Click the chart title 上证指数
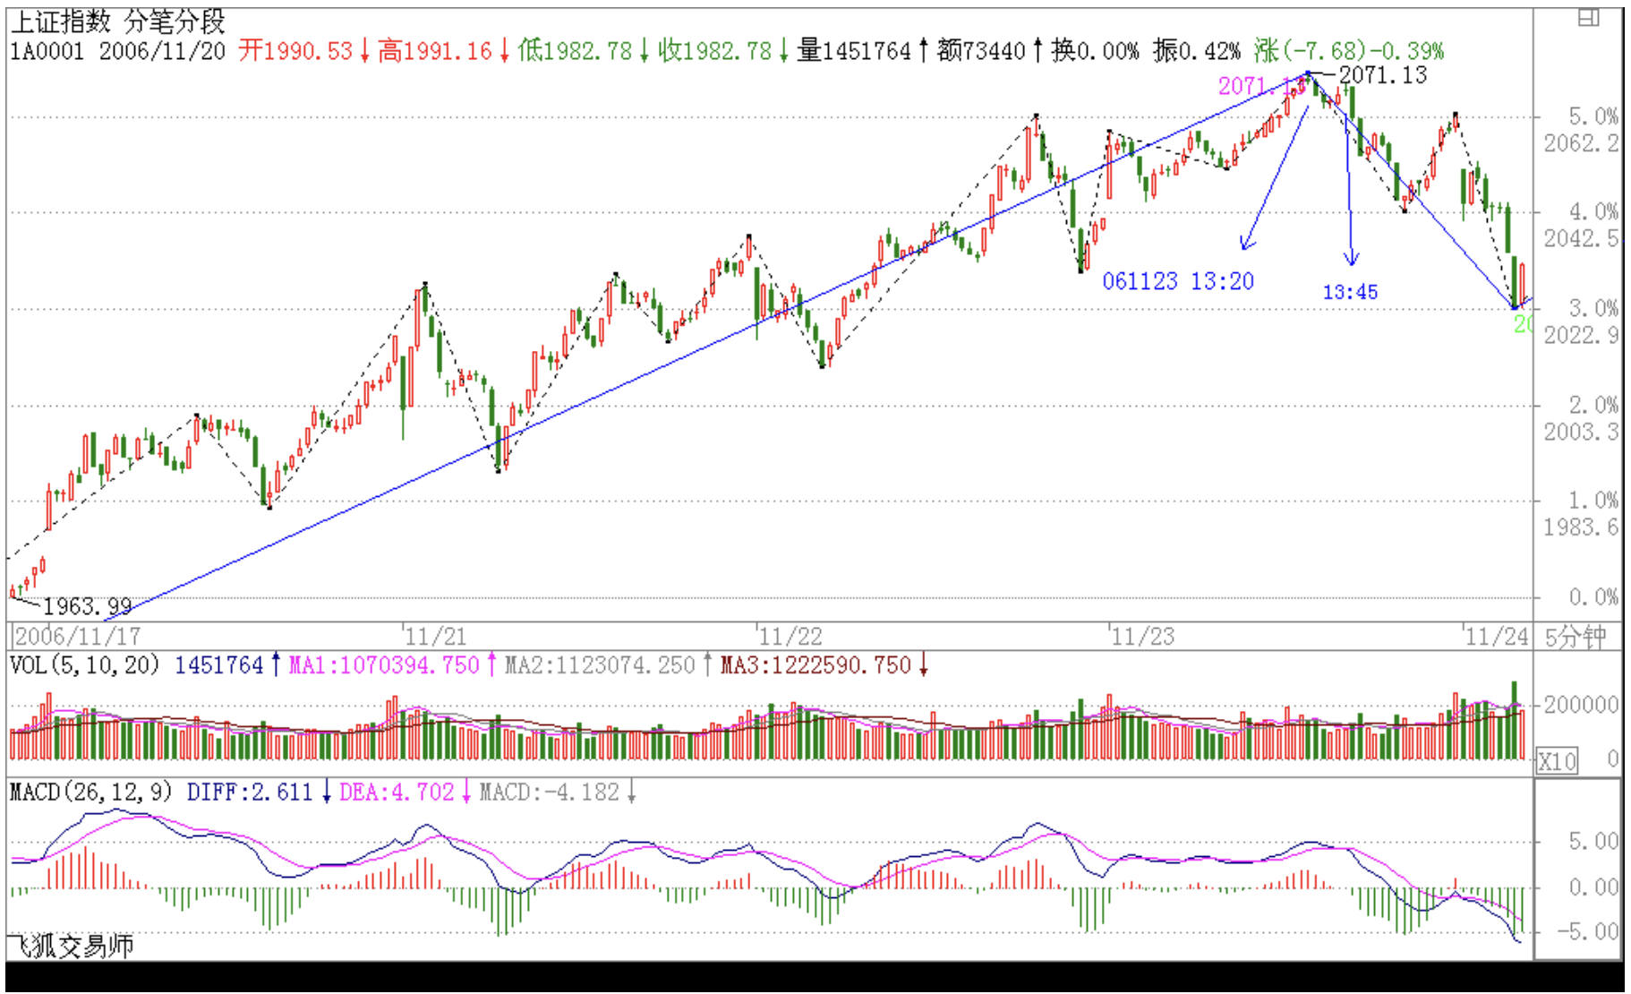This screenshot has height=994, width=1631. tap(60, 21)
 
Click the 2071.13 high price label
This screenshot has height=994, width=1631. tap(1382, 76)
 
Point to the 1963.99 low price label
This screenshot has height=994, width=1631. tap(87, 606)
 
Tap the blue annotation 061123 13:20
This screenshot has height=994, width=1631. tap(1177, 281)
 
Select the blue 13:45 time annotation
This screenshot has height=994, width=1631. tap(1350, 292)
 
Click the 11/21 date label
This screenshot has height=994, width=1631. tap(435, 637)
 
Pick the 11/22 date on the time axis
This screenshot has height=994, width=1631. tap(790, 637)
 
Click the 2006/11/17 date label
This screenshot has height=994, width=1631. tap(78, 637)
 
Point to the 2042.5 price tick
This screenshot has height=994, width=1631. tap(1581, 238)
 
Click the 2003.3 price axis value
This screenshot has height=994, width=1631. tap(1581, 432)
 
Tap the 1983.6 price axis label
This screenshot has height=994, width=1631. tap(1581, 527)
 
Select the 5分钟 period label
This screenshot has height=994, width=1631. tap(1575, 638)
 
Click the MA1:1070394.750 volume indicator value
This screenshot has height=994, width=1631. tap(384, 665)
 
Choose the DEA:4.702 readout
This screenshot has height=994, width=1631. tap(397, 793)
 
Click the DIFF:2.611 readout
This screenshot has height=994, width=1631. tap(250, 793)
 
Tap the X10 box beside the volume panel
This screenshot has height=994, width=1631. tap(1557, 761)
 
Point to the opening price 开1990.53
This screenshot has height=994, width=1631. tap(295, 51)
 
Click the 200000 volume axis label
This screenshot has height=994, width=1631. tap(1581, 705)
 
